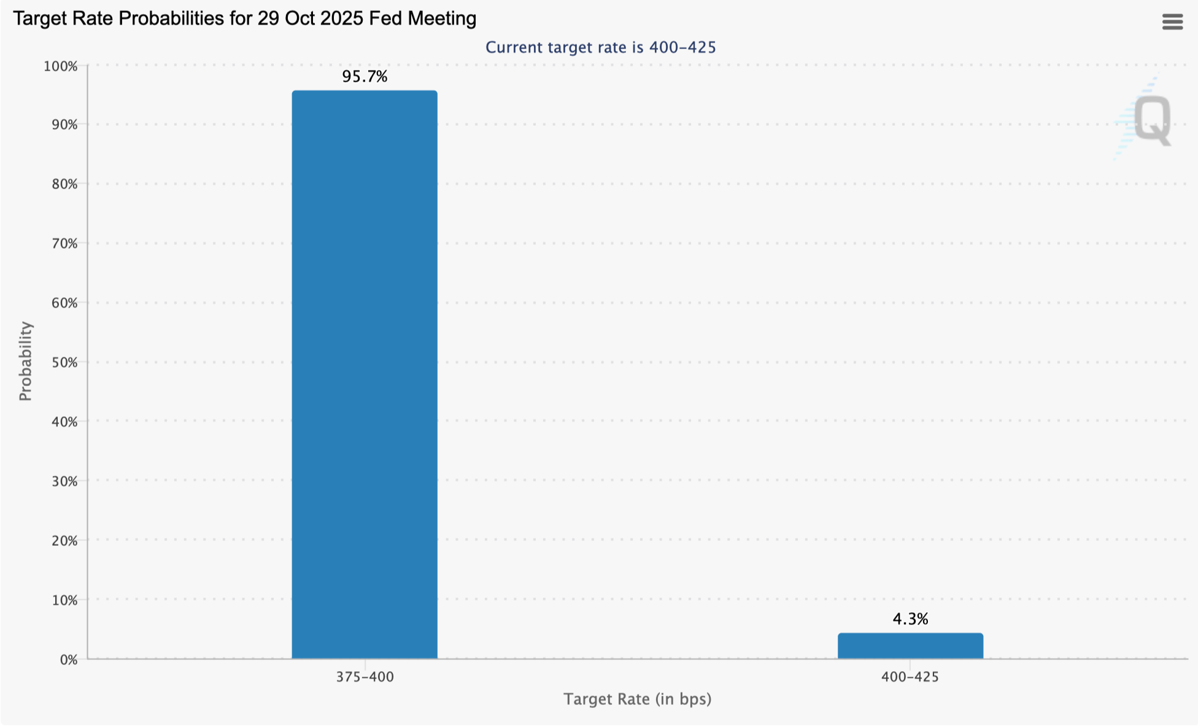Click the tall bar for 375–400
pyautogui.click(x=365, y=375)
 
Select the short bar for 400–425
pyautogui.click(x=910, y=646)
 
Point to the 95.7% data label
pyautogui.click(x=365, y=77)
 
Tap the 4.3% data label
pyautogui.click(x=910, y=619)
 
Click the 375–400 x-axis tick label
pyautogui.click(x=365, y=677)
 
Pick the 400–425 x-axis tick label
pyautogui.click(x=910, y=677)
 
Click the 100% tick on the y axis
pyautogui.click(x=60, y=66)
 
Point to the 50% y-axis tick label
pyautogui.click(x=64, y=362)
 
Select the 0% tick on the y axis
pyautogui.click(x=69, y=660)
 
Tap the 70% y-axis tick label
pyautogui.click(x=64, y=244)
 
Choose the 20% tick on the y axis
pyautogui.click(x=64, y=541)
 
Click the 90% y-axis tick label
pyautogui.click(x=64, y=125)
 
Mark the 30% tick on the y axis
pyautogui.click(x=64, y=481)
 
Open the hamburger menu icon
pyautogui.click(x=1172, y=22)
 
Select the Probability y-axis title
pyautogui.click(x=25, y=362)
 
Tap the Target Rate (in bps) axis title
pyautogui.click(x=638, y=699)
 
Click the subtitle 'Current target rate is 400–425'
pyautogui.click(x=601, y=47)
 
